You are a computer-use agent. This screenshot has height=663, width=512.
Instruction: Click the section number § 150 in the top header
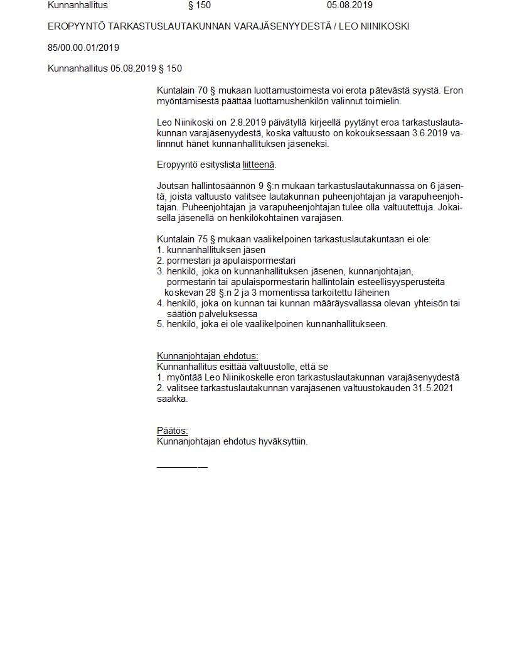(x=200, y=5)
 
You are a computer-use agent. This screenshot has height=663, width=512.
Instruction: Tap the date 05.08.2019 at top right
(x=349, y=5)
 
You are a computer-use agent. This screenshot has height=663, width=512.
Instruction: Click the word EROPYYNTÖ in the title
(x=76, y=26)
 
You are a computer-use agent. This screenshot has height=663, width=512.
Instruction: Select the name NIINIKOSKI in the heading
(x=387, y=26)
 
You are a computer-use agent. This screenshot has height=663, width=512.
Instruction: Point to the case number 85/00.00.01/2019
(x=83, y=48)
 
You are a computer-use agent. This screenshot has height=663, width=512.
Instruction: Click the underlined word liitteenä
(x=259, y=164)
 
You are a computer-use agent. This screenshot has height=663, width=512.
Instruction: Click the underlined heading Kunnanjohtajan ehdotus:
(x=207, y=356)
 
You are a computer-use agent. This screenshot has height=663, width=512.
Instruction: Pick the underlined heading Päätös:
(x=173, y=431)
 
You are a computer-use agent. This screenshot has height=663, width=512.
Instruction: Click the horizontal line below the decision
(x=182, y=466)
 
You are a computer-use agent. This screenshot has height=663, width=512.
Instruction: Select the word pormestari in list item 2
(x=186, y=261)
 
